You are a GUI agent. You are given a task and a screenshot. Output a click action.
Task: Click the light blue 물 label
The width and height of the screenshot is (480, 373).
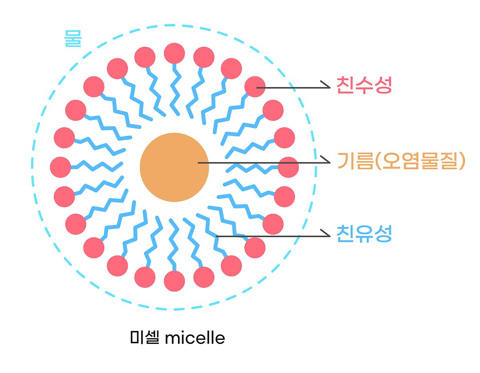(x=73, y=38)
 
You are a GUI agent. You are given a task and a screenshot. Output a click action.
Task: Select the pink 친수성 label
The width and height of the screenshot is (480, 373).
(x=364, y=85)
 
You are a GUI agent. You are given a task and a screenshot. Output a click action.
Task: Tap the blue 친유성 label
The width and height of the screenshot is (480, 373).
(x=364, y=234)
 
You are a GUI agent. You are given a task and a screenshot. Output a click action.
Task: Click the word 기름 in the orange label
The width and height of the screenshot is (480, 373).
(x=356, y=161)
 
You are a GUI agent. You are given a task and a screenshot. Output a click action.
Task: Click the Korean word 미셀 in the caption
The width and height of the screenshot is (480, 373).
(x=145, y=337)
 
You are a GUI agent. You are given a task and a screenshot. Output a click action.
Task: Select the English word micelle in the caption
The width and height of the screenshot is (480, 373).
(x=195, y=338)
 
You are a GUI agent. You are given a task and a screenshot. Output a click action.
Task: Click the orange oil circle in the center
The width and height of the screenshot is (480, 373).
(x=174, y=167)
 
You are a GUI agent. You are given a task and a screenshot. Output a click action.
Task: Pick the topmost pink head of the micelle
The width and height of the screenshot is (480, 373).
(x=174, y=54)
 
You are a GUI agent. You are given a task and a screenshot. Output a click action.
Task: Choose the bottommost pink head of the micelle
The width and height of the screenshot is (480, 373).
(x=174, y=281)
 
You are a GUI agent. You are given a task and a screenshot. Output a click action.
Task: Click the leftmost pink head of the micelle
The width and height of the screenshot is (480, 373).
(x=60, y=167)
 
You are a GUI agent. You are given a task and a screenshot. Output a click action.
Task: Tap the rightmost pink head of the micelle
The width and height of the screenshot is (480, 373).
(x=288, y=167)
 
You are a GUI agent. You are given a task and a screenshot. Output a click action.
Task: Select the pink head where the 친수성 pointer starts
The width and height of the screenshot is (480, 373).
(x=255, y=87)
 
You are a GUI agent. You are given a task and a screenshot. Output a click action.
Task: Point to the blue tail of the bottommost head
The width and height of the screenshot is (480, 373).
(x=174, y=245)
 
